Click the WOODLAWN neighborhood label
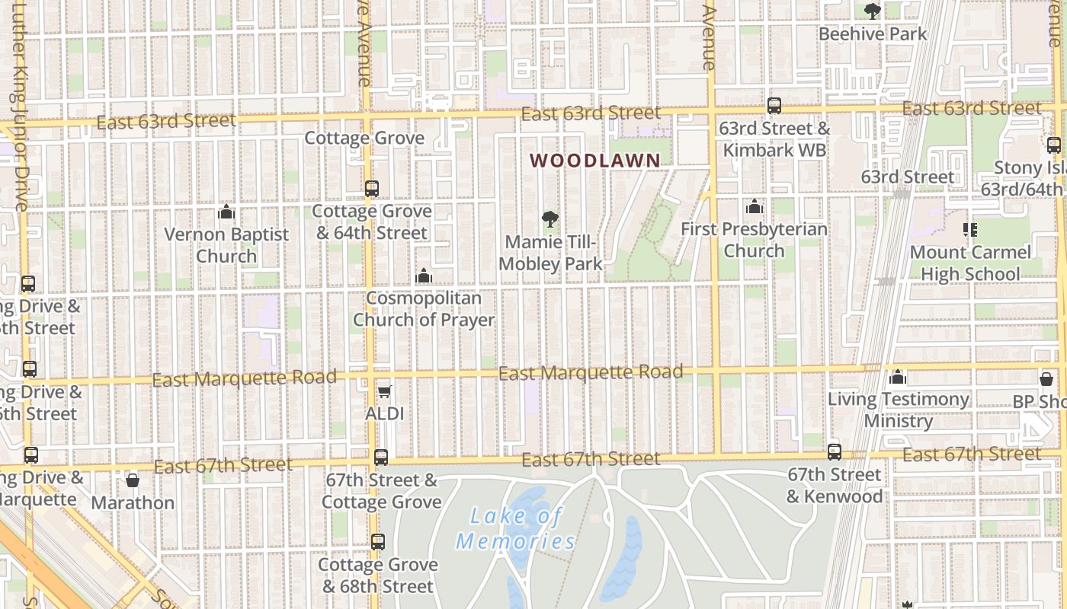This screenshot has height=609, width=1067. pos(594,161)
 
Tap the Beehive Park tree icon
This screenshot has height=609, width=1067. pos(873,11)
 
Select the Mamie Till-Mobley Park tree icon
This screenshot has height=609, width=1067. pos(550,220)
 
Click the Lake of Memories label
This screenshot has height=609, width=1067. pos(516,528)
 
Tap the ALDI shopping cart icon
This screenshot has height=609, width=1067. pos(385,391)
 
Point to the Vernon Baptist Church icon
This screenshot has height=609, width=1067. pos(226,212)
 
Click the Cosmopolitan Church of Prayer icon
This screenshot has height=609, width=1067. pos(423,276)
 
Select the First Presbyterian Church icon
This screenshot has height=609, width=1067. pos(754,206)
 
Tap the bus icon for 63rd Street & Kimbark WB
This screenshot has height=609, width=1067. pos(774,106)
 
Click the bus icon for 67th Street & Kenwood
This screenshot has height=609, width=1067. pos(835,451)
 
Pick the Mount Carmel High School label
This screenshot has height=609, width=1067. pos(969,263)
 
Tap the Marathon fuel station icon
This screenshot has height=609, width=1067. pos(133,480)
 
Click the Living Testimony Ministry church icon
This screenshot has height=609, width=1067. pos(898,377)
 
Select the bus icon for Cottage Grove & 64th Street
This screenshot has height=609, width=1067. pos(372,188)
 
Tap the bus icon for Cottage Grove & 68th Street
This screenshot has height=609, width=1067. pos(378,542)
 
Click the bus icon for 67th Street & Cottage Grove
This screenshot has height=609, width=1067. pos(381,458)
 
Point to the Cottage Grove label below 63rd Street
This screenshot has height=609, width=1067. pos(364,138)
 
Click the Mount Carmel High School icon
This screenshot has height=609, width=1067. pos(970,228)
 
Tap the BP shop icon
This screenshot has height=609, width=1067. pos(1046,378)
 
